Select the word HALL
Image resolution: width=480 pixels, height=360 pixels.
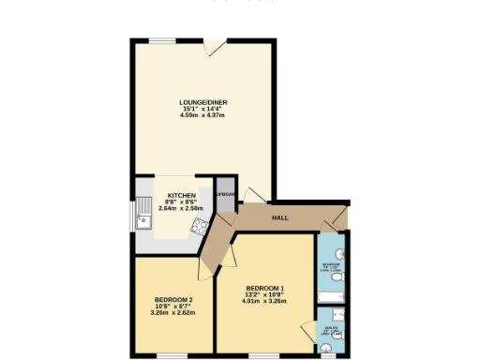(x=278, y=217)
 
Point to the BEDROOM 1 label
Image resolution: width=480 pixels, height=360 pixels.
(x=264, y=287)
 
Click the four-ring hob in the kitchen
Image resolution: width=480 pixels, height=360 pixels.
(x=199, y=225)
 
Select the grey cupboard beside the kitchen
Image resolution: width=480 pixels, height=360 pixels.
(x=225, y=194)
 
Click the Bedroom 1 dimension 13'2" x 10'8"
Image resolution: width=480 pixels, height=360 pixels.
(x=264, y=294)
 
